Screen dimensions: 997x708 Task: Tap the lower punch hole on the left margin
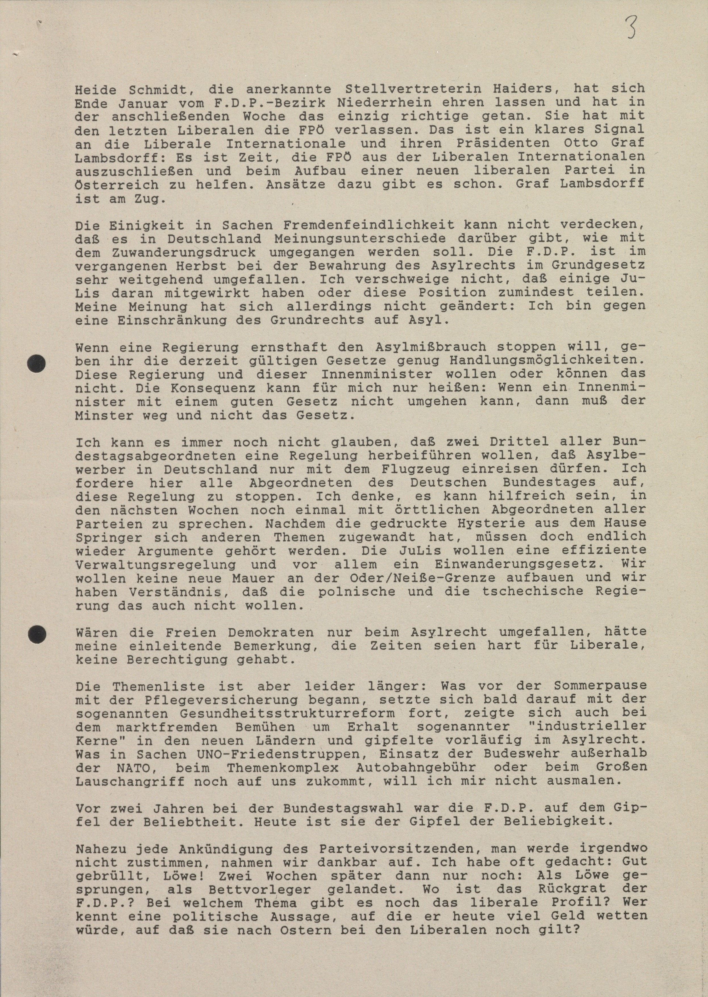tap(37, 633)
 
